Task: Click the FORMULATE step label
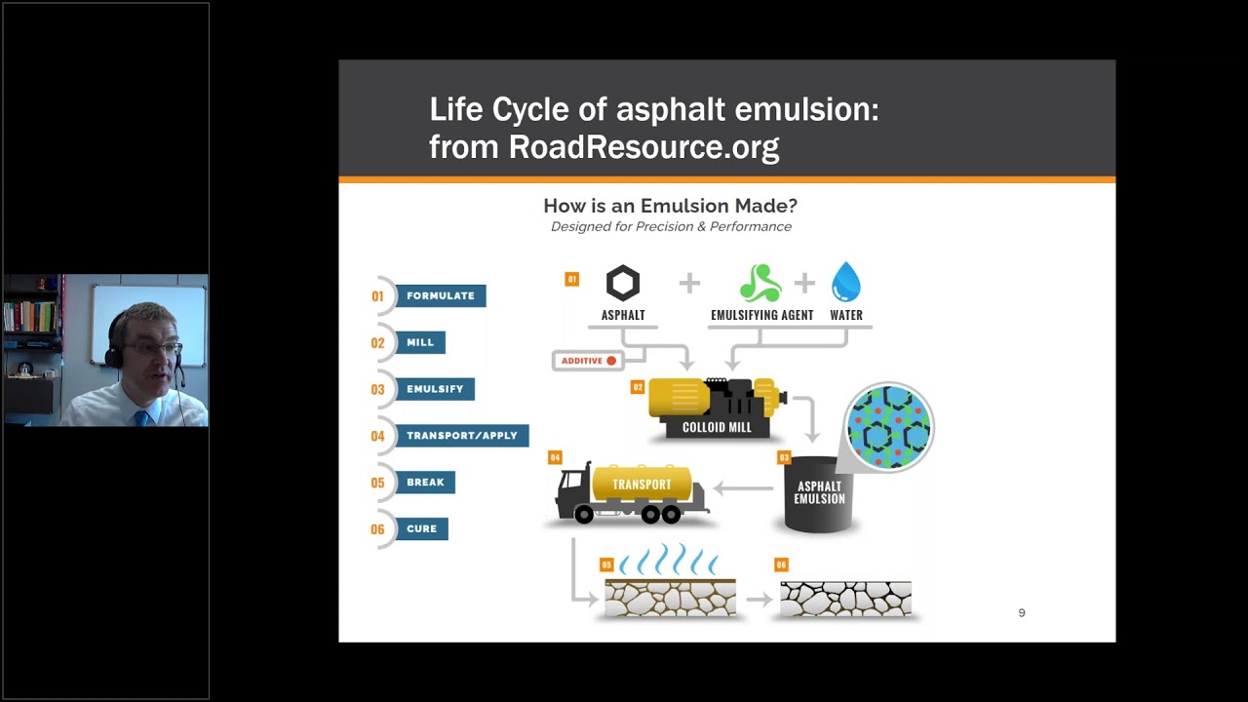(x=440, y=295)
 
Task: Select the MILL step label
(x=420, y=342)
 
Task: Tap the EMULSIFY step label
(x=435, y=389)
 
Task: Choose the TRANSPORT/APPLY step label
(x=461, y=436)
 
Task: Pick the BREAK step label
(x=425, y=483)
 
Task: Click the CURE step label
(x=421, y=529)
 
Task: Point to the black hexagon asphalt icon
(x=623, y=284)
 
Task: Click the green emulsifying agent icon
(x=760, y=283)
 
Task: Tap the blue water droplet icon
(x=846, y=282)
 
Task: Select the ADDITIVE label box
(x=588, y=361)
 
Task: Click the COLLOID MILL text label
(x=717, y=427)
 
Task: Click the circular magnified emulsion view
(x=889, y=427)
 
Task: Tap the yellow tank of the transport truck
(x=641, y=485)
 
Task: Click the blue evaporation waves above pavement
(x=669, y=561)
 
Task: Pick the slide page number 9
(x=1022, y=613)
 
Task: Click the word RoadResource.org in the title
(x=643, y=147)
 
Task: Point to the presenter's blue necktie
(x=142, y=418)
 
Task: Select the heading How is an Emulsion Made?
(x=670, y=206)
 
